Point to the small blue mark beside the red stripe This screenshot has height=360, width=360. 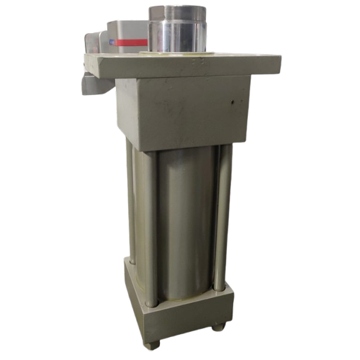111,42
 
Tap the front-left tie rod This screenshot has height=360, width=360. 149,223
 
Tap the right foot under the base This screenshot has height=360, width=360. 217,326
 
